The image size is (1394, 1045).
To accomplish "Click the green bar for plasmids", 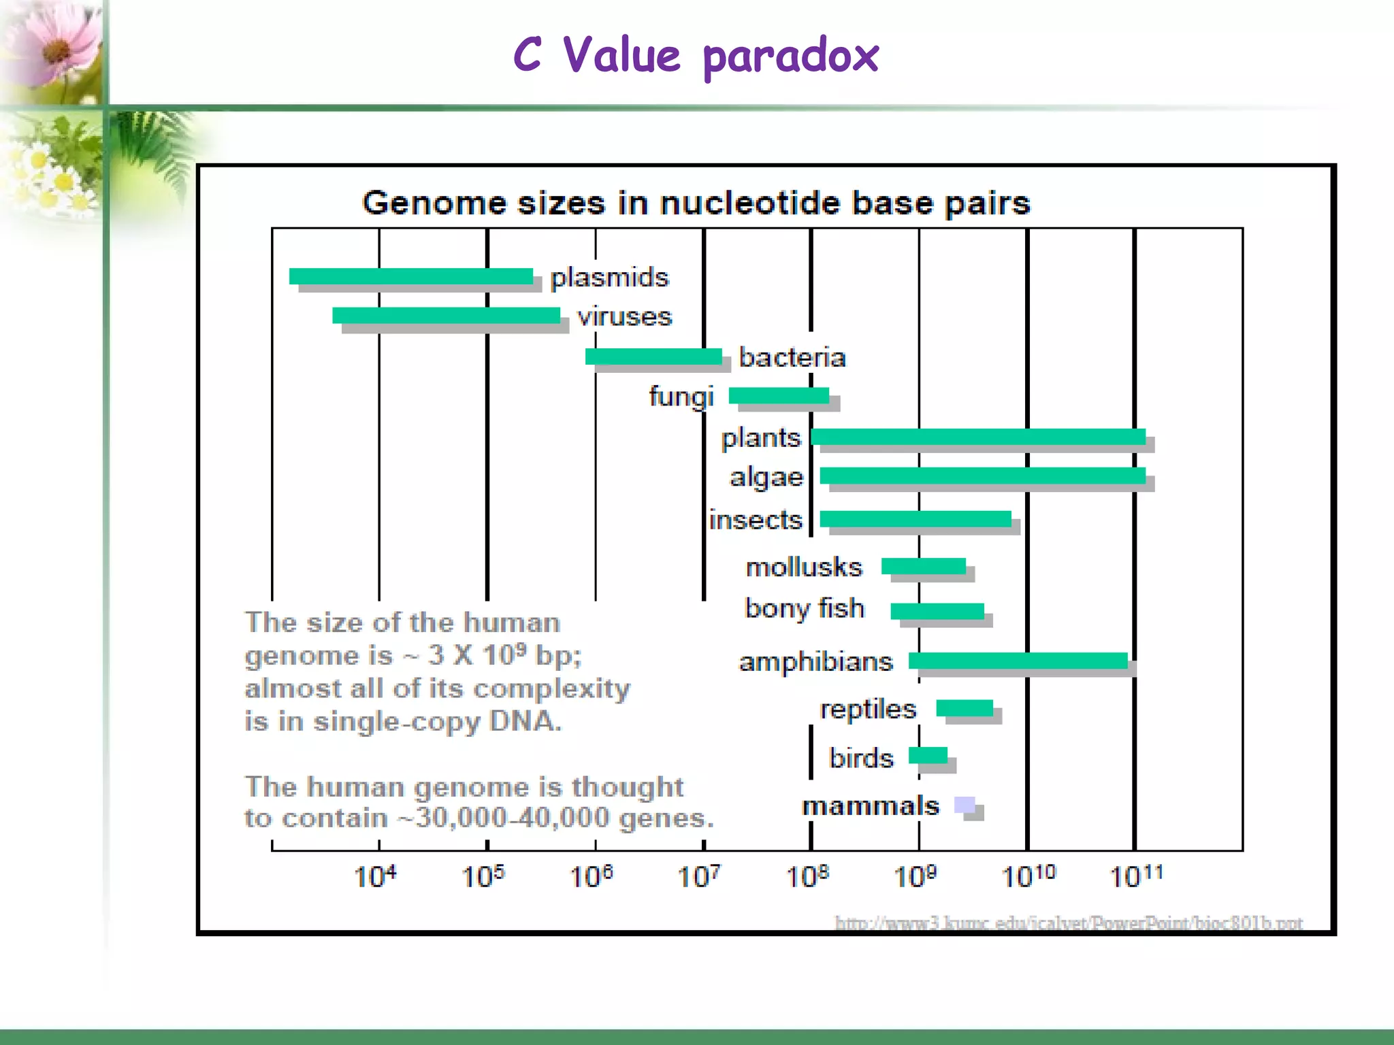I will pyautogui.click(x=410, y=276).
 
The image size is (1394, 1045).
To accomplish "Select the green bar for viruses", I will pyautogui.click(x=446, y=316).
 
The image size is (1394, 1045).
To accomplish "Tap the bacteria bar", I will pyautogui.click(x=653, y=356).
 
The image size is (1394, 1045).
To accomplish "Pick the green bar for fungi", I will pyautogui.click(x=778, y=395).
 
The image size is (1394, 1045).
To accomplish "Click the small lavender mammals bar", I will pyautogui.click(x=964, y=805).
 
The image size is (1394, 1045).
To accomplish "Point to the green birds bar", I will pyautogui.click(x=928, y=755).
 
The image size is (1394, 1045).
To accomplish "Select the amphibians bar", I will pyautogui.click(x=1018, y=661).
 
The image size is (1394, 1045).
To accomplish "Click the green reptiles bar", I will pyautogui.click(x=964, y=708).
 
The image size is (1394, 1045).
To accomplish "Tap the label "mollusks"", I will pyautogui.click(x=803, y=567).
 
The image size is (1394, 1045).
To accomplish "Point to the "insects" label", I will pyautogui.click(x=755, y=520).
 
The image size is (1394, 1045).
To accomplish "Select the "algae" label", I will pyautogui.click(x=766, y=478).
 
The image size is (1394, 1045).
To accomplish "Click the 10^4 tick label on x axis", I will pyautogui.click(x=374, y=876).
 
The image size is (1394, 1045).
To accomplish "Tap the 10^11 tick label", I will pyautogui.click(x=1135, y=876).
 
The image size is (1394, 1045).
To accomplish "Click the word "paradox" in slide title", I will pyautogui.click(x=790, y=57).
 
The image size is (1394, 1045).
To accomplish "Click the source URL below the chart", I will pyautogui.click(x=1068, y=923).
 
